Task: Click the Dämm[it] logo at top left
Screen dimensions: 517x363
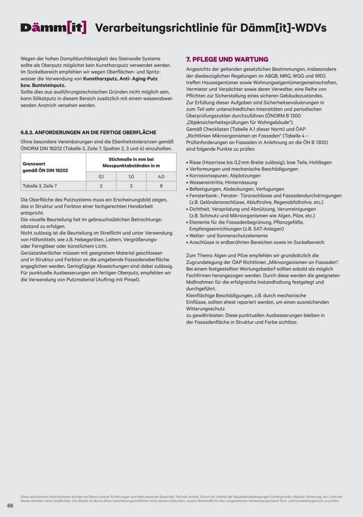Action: [53, 27]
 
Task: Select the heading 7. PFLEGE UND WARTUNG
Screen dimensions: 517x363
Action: [220, 59]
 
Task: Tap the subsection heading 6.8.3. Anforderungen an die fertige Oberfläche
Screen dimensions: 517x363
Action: [88, 132]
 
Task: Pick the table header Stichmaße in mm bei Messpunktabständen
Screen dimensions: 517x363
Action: [131, 162]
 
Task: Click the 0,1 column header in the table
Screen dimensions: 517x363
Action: [101, 177]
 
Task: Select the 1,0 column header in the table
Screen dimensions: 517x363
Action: [131, 177]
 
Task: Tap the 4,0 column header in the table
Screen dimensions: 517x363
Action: [161, 177]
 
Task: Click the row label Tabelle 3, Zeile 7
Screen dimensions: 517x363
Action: [39, 186]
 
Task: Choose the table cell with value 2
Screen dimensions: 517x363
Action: [101, 186]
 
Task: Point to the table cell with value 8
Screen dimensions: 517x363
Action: [161, 186]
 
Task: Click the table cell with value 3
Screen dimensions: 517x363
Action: [131, 186]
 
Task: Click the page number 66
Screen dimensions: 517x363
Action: [10, 506]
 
